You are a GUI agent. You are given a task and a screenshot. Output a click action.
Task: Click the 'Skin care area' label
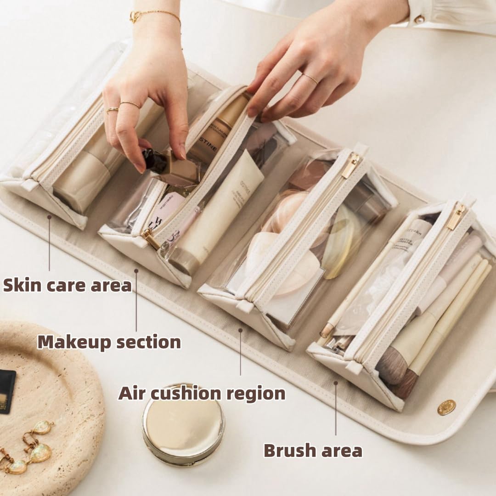(x=68, y=285)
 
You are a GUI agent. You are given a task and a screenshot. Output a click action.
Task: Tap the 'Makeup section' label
(x=109, y=342)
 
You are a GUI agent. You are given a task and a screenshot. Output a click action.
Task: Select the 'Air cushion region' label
(x=202, y=394)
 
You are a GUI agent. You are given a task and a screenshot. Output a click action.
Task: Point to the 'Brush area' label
(x=313, y=451)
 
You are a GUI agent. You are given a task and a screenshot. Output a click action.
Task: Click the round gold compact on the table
(x=183, y=424)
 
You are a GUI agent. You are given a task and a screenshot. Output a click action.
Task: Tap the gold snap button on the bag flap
(x=446, y=407)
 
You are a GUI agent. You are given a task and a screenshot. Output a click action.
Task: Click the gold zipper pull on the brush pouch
(x=457, y=217)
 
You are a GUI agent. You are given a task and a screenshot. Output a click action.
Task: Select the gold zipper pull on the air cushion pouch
(x=351, y=165)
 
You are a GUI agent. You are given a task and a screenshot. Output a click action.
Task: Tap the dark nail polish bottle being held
(x=154, y=161)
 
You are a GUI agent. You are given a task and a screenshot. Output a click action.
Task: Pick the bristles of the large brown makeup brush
(x=393, y=365)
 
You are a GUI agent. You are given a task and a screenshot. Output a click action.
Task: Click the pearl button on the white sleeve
(x=419, y=19)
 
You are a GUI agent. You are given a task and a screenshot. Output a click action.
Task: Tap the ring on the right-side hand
(x=311, y=78)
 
